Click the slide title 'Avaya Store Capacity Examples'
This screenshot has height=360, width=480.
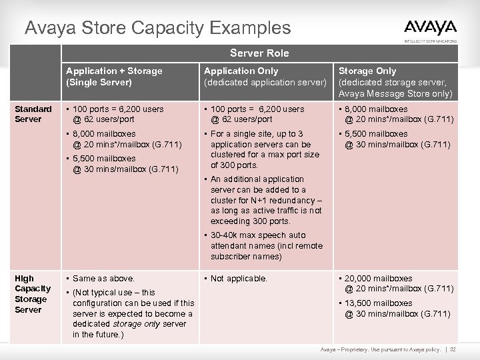157,28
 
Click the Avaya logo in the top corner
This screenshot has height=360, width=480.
430,28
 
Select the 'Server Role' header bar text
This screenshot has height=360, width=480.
259,52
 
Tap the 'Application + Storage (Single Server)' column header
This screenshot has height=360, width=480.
114,76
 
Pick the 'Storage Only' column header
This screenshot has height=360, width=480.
395,81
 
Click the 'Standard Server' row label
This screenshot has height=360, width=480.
33,114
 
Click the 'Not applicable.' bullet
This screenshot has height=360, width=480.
238,278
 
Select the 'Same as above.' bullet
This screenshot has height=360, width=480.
103,278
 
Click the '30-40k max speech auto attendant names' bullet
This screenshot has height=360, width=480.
265,245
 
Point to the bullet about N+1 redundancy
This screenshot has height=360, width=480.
265,200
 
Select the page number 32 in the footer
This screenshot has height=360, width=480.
453,349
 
